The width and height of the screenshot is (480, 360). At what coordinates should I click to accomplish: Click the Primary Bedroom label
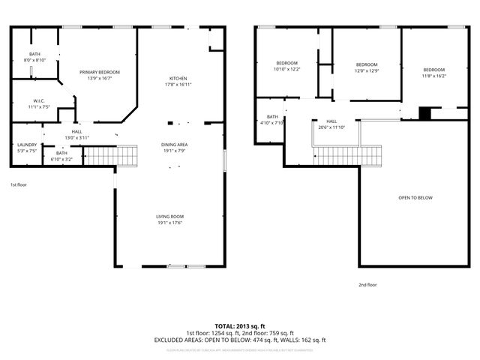[99, 75]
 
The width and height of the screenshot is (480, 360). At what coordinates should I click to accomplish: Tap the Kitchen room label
[178, 82]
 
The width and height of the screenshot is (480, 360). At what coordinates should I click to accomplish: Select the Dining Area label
[174, 148]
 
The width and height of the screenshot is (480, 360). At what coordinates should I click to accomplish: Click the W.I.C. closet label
[40, 104]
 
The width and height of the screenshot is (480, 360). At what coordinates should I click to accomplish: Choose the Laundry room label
[26, 148]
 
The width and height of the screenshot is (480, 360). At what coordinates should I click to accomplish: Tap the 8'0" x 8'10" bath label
[35, 58]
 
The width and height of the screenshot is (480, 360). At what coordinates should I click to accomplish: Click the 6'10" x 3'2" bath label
[61, 156]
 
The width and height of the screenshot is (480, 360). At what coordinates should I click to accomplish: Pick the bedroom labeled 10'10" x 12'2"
[286, 66]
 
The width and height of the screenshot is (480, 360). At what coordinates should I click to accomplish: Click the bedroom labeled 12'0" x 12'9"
[366, 67]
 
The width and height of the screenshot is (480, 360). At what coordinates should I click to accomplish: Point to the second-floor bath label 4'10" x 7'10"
[271, 119]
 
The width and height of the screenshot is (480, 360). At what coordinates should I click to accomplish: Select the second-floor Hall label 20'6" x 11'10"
[331, 124]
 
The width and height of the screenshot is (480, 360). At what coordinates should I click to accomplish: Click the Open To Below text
[415, 198]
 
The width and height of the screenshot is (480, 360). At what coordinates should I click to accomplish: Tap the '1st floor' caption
[18, 184]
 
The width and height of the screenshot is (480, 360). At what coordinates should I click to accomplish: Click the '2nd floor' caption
[367, 285]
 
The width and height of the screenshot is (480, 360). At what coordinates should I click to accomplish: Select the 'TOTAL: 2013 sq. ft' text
[240, 325]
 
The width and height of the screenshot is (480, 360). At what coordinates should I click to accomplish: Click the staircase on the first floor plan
[112, 156]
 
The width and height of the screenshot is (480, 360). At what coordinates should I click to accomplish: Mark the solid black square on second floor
[425, 114]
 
